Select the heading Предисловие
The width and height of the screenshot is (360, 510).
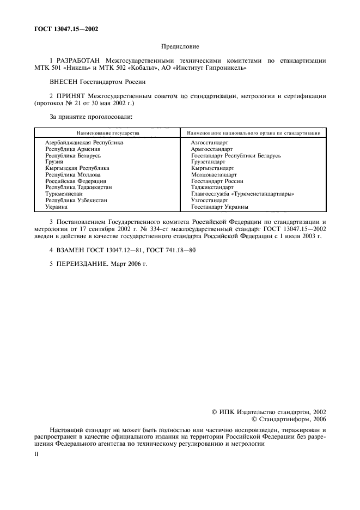coord(180,48)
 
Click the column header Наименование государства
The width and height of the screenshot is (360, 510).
coord(108,133)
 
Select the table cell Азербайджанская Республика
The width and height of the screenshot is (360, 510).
coord(84,142)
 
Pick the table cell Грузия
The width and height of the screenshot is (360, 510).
coord(54,162)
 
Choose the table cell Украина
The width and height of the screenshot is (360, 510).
coord(57,207)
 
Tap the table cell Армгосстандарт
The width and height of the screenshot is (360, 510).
coord(212,149)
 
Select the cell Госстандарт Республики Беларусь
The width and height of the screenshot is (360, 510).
coord(236,155)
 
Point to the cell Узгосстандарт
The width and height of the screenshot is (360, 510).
coord(210,201)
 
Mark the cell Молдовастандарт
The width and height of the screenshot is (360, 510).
coord(214,175)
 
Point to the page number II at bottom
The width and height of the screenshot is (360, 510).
coord(36,453)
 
